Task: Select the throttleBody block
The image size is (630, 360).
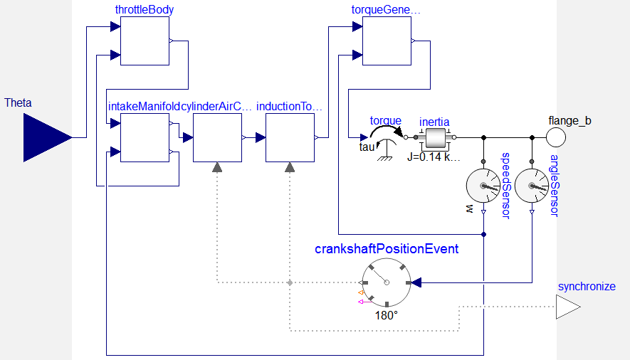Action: (145, 41)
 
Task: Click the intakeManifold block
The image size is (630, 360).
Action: (145, 137)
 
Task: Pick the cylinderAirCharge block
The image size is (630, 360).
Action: (217, 137)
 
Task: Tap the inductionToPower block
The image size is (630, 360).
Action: (290, 137)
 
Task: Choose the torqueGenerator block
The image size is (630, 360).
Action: (387, 41)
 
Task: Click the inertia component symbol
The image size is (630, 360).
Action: (434, 137)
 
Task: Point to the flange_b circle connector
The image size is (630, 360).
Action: (557, 137)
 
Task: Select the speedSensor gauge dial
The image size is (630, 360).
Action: (483, 186)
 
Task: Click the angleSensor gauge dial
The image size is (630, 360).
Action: (532, 186)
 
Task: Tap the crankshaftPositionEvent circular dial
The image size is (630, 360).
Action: (387, 282)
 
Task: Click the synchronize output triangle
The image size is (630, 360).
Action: (568, 307)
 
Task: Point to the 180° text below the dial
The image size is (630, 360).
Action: (387, 315)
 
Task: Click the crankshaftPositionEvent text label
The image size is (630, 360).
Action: (387, 249)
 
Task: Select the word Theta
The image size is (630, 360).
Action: (18, 103)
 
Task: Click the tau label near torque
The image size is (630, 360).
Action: (366, 147)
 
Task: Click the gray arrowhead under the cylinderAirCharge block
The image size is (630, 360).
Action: (217, 166)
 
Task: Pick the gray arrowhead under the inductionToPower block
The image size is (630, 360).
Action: (290, 166)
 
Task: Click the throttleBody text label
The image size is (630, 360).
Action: (145, 10)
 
